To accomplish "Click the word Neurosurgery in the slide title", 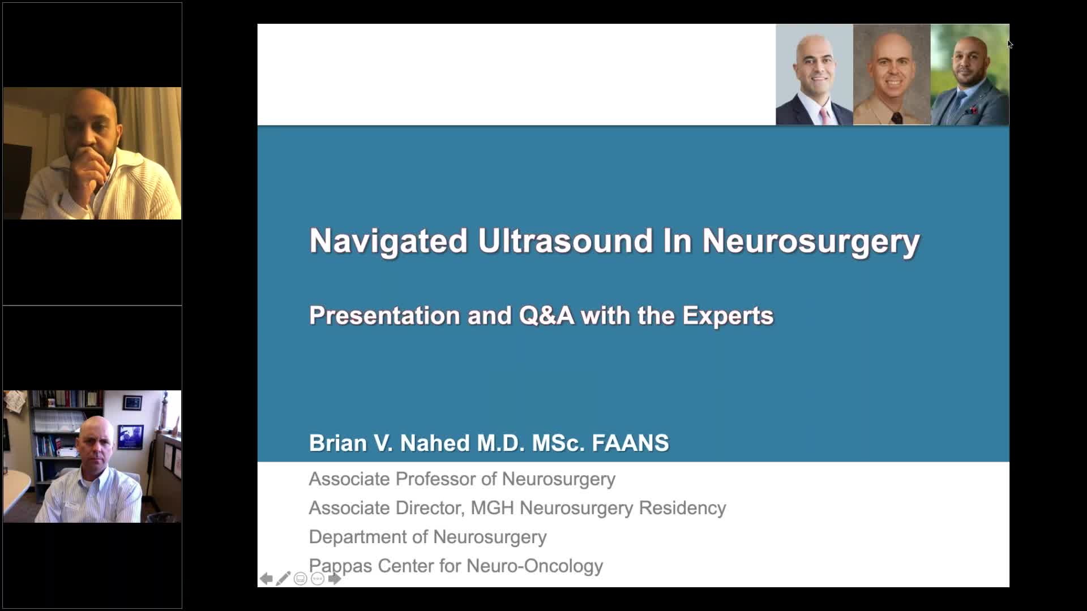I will pyautogui.click(x=811, y=241).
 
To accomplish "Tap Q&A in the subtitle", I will pyautogui.click(x=546, y=316).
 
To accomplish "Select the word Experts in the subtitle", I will pyautogui.click(x=727, y=316).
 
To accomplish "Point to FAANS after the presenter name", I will pyautogui.click(x=630, y=443).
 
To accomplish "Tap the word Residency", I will pyautogui.click(x=682, y=508).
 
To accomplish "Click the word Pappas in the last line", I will pyautogui.click(x=340, y=566).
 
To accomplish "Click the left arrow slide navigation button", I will pyautogui.click(x=266, y=579).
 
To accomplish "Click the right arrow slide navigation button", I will pyautogui.click(x=335, y=579).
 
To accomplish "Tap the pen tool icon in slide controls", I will pyautogui.click(x=283, y=579).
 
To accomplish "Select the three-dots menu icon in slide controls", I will pyautogui.click(x=318, y=579).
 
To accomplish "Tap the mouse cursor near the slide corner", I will pyautogui.click(x=1010, y=44).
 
